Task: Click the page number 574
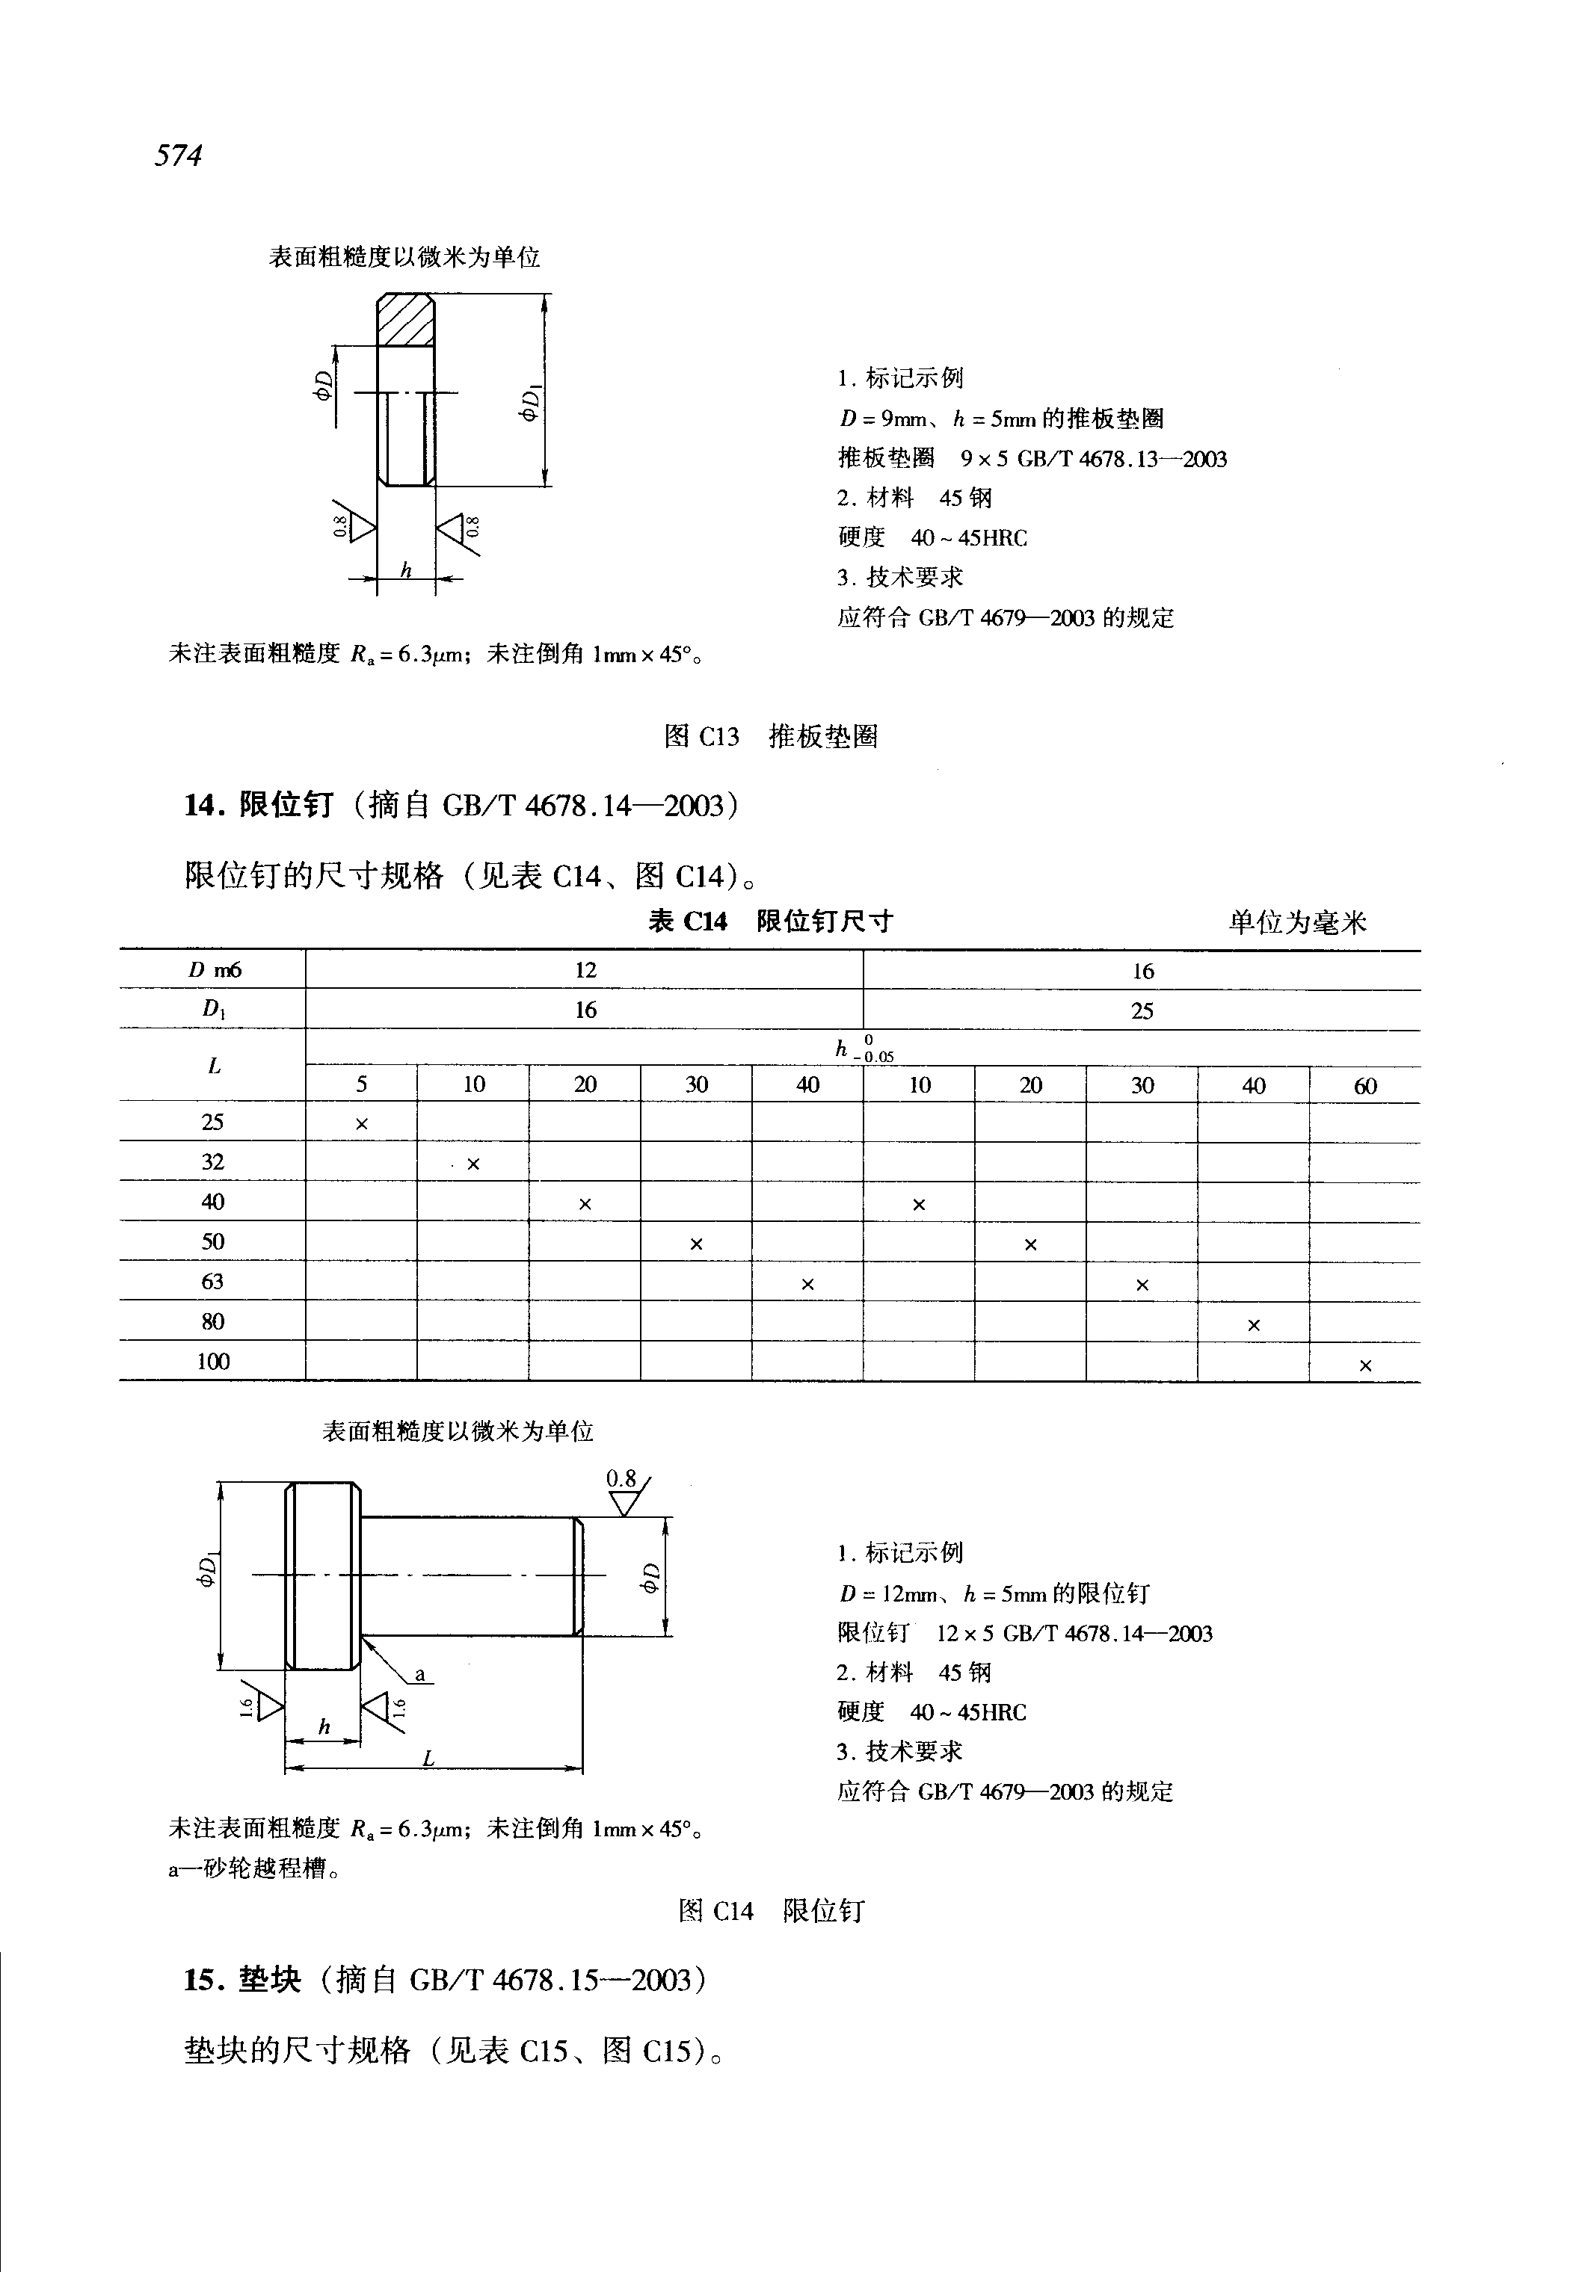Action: (178, 155)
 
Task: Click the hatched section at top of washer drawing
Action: (406, 319)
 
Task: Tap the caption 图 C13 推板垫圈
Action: (770, 736)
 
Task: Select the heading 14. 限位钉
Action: (259, 805)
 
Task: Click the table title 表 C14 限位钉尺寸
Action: (770, 921)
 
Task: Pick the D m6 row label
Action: (214, 970)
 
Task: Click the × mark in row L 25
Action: (361, 1123)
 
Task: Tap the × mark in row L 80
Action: (1254, 1325)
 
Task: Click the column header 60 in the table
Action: (1365, 1086)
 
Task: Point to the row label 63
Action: (213, 1282)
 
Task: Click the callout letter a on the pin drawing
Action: (419, 1675)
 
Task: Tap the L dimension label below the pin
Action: (428, 1758)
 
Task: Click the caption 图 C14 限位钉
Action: (770, 1910)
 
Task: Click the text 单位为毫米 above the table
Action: (1297, 923)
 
